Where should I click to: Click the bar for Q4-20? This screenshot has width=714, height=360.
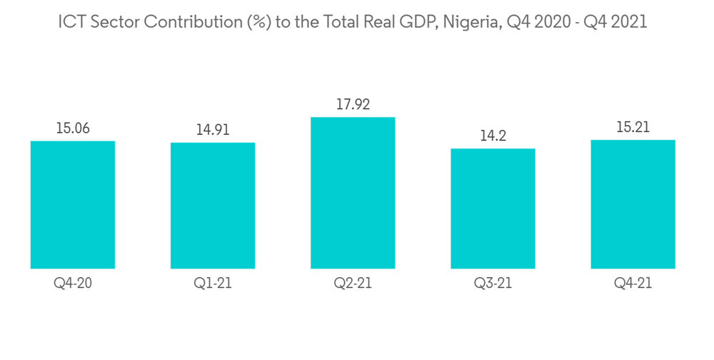coord(73,205)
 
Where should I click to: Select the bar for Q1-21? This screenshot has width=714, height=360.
coord(213,206)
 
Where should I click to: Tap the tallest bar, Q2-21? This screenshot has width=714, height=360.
coord(353,193)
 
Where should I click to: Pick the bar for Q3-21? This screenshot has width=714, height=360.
coord(493,209)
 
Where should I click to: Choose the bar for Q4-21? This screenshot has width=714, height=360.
coord(633,204)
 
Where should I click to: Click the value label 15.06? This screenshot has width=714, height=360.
coord(73,129)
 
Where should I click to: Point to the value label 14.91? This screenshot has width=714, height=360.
coord(213,130)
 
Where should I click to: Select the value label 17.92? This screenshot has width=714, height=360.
coord(353,104)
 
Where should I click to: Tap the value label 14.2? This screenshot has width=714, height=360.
coord(493,136)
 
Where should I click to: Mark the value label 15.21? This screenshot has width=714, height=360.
coord(633,127)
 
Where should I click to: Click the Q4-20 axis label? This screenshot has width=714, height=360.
coord(73,284)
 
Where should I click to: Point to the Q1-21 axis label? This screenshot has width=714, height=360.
coord(213,284)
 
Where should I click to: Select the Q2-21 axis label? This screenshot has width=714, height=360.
coord(353,284)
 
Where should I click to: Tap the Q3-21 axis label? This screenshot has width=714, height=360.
coord(493,284)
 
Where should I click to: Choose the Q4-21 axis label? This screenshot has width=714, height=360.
coord(633,284)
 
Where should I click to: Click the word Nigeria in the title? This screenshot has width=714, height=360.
coord(468,22)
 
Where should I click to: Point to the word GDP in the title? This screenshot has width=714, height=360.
coord(416,22)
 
